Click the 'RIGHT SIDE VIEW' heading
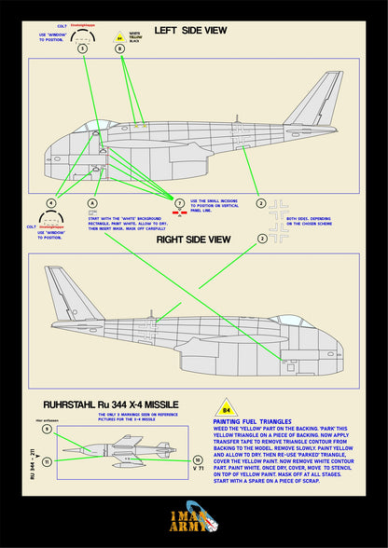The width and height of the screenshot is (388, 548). point(193,239)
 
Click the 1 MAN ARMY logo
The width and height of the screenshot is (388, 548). point(193,518)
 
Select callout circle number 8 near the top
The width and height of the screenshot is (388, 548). point(119,48)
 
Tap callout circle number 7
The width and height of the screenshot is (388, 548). point(179,202)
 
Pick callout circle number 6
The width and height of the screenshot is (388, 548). point(90,202)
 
